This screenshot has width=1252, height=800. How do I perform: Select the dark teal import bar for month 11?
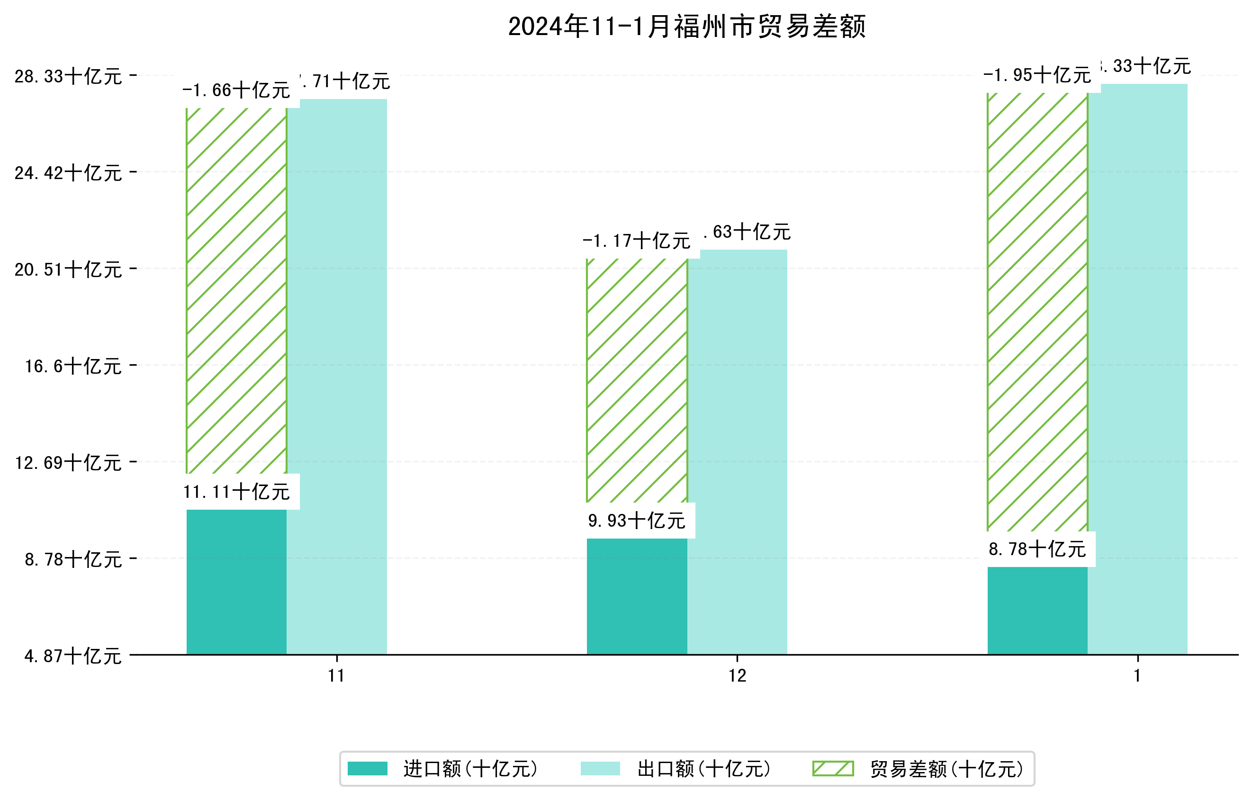click(x=236, y=582)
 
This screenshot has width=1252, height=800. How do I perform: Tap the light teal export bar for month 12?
click(x=737, y=452)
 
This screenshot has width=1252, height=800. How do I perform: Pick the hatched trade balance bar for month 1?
click(x=1037, y=312)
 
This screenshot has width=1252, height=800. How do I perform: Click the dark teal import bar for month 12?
click(x=637, y=596)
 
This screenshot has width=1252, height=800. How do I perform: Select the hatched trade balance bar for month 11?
click(x=236, y=291)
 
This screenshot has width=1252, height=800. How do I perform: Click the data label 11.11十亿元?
click(x=236, y=492)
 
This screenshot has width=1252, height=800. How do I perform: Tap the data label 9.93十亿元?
click(x=637, y=521)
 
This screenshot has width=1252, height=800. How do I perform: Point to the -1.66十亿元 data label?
click(x=236, y=90)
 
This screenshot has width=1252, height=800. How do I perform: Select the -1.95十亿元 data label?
click(x=1037, y=75)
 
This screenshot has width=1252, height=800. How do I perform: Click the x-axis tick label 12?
click(x=737, y=676)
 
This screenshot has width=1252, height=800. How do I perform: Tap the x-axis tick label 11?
click(x=336, y=676)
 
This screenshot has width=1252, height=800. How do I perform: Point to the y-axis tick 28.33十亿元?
click(x=68, y=76)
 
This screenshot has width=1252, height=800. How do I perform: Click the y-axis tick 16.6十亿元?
click(x=73, y=366)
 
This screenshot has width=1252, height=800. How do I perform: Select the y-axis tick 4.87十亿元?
click(x=73, y=656)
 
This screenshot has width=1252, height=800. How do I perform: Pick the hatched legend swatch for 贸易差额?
click(x=833, y=768)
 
